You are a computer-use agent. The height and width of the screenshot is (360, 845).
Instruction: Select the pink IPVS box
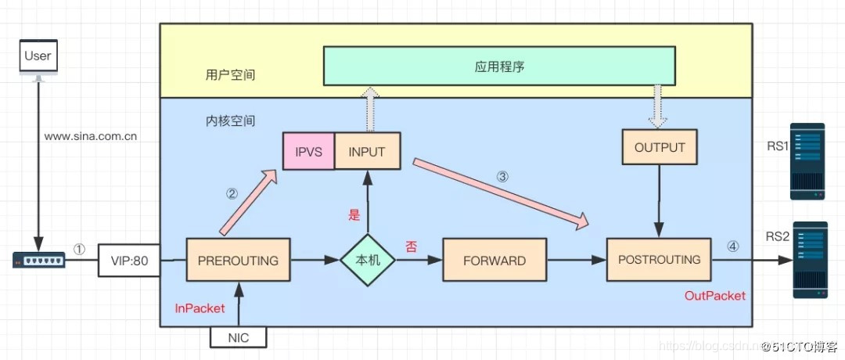point(308,151)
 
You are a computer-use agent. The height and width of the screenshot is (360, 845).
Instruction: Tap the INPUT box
point(366,151)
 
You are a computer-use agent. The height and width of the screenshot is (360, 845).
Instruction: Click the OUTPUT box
point(660,147)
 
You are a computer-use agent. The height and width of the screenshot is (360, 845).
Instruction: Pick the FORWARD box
point(494,260)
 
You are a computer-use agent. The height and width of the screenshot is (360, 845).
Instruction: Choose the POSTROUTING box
point(660,260)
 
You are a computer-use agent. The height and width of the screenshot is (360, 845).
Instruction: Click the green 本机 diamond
point(368,260)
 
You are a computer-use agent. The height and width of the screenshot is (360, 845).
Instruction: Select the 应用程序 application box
point(499,67)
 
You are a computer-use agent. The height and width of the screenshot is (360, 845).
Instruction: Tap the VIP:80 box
point(130,260)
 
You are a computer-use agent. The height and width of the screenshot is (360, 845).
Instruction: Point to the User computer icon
point(38,60)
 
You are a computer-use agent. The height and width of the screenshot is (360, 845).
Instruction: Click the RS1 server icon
point(807,160)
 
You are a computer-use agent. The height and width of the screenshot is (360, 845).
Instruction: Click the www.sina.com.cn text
point(91,135)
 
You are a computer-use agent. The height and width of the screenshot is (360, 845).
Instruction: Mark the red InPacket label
point(200,308)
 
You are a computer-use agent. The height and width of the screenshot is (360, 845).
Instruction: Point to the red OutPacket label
point(714,296)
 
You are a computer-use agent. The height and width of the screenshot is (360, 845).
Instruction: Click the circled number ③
point(502,176)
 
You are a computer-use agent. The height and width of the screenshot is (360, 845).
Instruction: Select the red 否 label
point(411,247)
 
